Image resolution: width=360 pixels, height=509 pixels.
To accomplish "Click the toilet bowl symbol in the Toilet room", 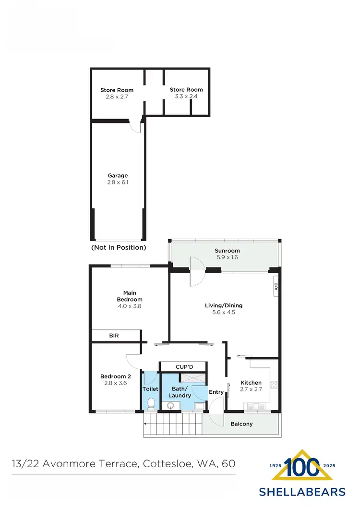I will tap(151, 403).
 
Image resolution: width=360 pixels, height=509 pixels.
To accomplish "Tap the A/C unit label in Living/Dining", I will tap(276, 287).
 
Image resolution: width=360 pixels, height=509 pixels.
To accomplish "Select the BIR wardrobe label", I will tap(114, 336).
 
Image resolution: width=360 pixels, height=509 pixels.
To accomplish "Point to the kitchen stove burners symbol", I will tap(274, 385).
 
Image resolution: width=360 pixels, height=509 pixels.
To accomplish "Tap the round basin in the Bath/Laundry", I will tap(170, 406).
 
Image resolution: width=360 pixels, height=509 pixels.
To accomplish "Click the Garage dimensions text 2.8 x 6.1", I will tap(118, 183).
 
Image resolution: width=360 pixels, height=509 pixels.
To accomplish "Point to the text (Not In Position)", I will tap(118, 248).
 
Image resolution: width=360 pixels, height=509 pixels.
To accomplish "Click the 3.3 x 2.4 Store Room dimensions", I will tap(186, 96).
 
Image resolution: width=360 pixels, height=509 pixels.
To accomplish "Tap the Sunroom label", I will tap(228, 251).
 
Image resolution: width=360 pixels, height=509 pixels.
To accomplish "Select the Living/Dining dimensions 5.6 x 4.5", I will tap(224, 312).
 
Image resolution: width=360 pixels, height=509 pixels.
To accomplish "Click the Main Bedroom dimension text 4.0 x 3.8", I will tap(130, 306).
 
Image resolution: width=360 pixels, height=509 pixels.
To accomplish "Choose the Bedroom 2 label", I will tap(115, 376).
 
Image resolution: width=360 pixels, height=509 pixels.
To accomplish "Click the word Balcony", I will tap(241, 424).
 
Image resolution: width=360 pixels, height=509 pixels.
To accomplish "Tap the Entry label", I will tap(216, 392).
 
